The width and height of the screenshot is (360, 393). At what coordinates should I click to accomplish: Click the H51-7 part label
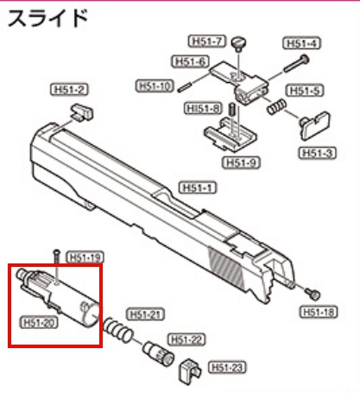(207, 41)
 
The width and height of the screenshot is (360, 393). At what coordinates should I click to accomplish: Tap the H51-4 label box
(302, 43)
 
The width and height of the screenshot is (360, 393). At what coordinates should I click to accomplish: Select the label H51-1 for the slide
(198, 188)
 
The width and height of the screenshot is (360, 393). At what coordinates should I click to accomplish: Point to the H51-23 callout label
(227, 367)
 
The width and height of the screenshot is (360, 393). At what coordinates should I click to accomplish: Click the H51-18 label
(319, 312)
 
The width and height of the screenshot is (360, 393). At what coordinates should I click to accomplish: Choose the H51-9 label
(241, 162)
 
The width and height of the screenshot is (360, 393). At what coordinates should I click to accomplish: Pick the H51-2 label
(69, 90)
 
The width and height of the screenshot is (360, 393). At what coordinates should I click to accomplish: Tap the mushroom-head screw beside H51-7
(239, 44)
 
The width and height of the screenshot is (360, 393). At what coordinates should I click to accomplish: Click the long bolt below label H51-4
(296, 64)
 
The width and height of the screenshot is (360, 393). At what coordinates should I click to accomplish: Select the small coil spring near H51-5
(276, 106)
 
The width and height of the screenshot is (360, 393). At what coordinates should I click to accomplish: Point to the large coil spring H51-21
(118, 330)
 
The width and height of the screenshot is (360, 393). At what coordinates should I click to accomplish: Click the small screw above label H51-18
(313, 294)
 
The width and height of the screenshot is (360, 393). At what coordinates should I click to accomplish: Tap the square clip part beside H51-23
(190, 371)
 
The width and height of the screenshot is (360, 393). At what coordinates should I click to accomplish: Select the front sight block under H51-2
(82, 112)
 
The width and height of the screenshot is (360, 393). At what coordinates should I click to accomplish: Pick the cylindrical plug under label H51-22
(159, 353)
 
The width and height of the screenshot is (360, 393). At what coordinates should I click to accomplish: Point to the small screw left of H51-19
(57, 257)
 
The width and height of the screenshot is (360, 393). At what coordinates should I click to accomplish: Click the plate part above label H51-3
(315, 126)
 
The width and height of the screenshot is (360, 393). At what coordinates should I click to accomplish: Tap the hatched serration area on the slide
(226, 269)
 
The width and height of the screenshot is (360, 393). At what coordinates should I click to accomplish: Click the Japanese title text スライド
(47, 18)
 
